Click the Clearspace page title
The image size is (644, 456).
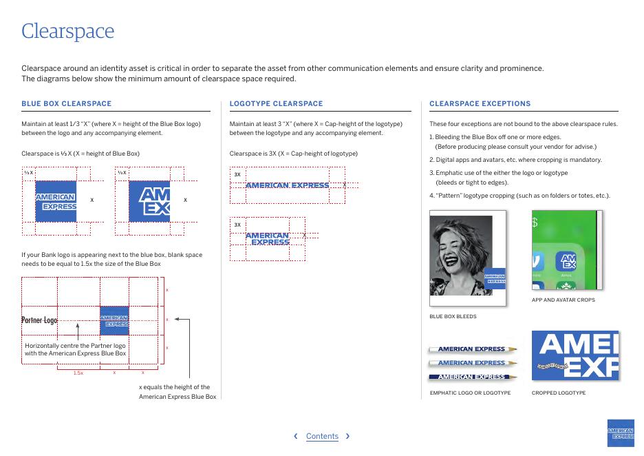point(67,31)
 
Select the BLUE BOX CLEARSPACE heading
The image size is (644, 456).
point(66,104)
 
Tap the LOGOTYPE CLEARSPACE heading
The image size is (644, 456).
point(276,104)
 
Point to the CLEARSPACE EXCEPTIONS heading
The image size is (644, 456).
point(480,104)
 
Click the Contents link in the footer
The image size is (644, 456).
point(322,436)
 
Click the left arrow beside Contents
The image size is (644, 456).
point(296,436)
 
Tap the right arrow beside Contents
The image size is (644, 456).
point(347,436)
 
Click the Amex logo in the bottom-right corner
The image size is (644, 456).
point(621,433)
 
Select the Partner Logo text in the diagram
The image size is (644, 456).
point(39,320)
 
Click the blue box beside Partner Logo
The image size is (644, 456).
point(114,320)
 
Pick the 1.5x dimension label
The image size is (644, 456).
point(78,373)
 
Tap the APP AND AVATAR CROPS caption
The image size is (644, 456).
point(563,300)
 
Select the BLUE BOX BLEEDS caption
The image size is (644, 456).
point(453,317)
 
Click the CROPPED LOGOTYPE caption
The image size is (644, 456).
point(558,393)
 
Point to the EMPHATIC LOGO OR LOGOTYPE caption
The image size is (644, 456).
point(470,393)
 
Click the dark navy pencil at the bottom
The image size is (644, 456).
point(472,377)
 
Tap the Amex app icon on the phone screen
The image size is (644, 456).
point(568,262)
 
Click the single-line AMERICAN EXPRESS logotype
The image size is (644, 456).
point(287,185)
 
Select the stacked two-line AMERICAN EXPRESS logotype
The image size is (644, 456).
point(267,239)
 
